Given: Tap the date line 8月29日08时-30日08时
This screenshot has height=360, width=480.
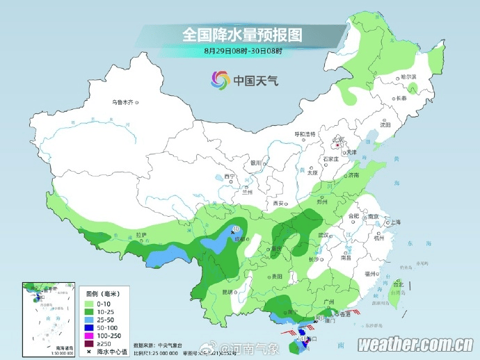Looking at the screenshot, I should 243,51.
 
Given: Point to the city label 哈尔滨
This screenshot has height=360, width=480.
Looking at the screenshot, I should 408,76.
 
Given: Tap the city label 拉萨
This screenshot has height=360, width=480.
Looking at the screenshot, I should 141,235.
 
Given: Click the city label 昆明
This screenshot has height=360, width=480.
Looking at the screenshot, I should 228,291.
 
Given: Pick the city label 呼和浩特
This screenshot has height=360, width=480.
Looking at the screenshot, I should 303,133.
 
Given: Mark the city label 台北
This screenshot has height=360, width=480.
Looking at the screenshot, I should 398,284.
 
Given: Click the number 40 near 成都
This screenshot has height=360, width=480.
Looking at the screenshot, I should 236,229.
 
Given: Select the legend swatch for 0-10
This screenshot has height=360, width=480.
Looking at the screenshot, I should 89,304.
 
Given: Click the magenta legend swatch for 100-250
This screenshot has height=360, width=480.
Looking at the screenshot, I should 89,335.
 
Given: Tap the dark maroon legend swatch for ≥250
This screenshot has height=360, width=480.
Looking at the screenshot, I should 89,343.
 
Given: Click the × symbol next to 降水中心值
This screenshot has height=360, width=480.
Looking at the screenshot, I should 89,351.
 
